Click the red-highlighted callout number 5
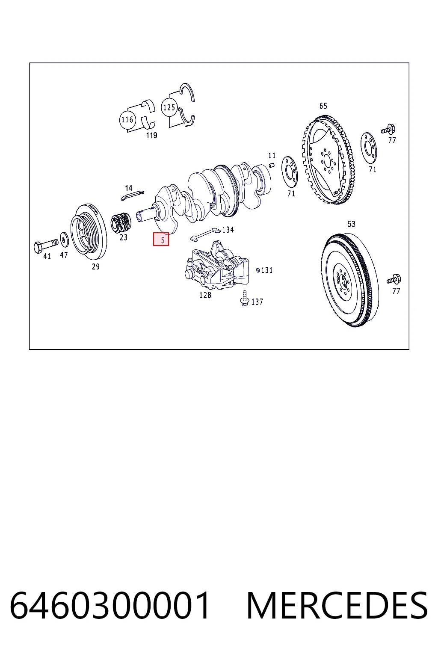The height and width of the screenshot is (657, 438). pos(161,239)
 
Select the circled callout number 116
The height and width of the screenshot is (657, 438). pos(127,120)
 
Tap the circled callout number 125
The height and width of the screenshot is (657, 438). pos(169,107)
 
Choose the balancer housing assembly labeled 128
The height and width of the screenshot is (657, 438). pos(216,266)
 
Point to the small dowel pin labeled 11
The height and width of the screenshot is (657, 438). pos(272,165)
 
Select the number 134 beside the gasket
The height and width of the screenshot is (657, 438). pos(228,230)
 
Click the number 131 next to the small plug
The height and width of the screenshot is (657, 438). pos(266,270)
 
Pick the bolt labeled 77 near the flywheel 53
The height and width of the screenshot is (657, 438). pos(394,279)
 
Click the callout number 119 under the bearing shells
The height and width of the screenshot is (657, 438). pos(152,135)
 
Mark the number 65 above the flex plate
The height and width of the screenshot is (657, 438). pos(323,106)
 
